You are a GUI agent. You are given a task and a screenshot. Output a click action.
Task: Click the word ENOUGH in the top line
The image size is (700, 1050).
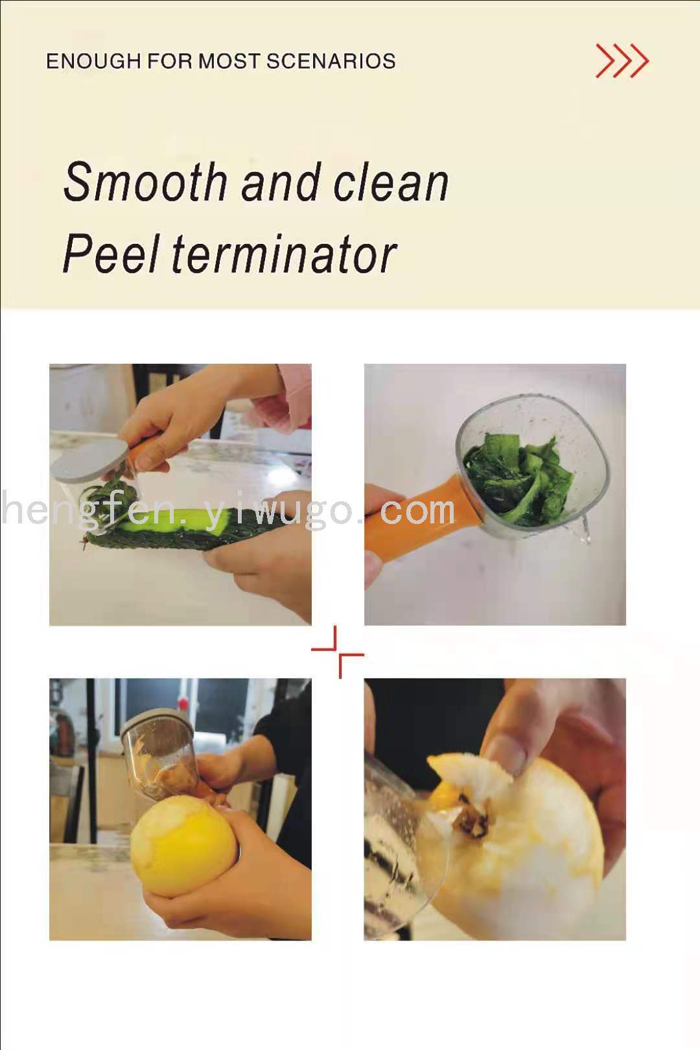pos(93,62)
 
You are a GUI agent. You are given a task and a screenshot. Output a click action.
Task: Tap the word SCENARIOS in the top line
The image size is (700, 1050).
pos(331,62)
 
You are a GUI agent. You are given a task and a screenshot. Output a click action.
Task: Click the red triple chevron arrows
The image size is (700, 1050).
pos(622,60)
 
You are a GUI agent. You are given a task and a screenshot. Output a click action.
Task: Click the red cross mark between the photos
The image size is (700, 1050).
pos(338,652)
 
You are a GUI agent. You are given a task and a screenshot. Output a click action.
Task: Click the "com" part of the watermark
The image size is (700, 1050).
pos(417,511)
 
